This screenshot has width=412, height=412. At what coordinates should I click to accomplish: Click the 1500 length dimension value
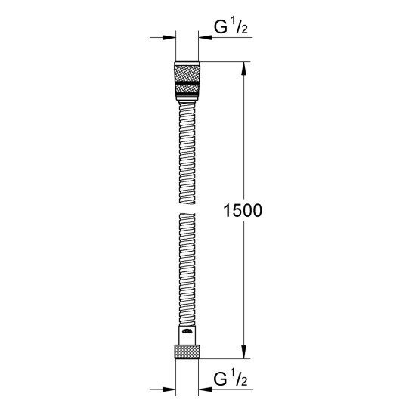pos(243,211)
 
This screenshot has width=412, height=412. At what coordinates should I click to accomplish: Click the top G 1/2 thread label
pos(231,26)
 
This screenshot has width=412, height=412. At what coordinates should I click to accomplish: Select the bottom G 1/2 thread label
pos(231,379)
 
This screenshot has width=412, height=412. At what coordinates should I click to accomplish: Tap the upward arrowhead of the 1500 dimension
pos(244,68)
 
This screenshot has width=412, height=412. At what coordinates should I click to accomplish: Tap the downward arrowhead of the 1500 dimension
pos(244,352)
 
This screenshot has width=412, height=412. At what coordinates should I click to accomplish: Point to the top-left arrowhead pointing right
pos(169,38)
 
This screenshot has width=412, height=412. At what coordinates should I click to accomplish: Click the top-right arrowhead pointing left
pos(205,38)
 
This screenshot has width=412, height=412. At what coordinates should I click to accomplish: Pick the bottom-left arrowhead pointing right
pos(169,389)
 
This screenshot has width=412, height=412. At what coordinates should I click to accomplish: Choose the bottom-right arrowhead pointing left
pos(205,389)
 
